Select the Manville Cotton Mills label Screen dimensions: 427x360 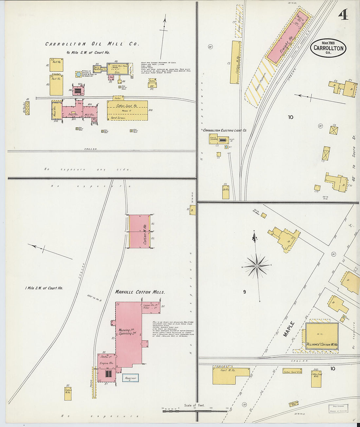(x=140, y=292)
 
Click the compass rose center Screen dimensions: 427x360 (x=258, y=266)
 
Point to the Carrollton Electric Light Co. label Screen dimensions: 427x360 (x=225, y=130)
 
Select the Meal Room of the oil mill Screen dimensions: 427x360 (x=55, y=111)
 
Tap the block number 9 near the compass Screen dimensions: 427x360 (x=244, y=292)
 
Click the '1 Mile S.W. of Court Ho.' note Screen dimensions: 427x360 (x=44, y=288)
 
